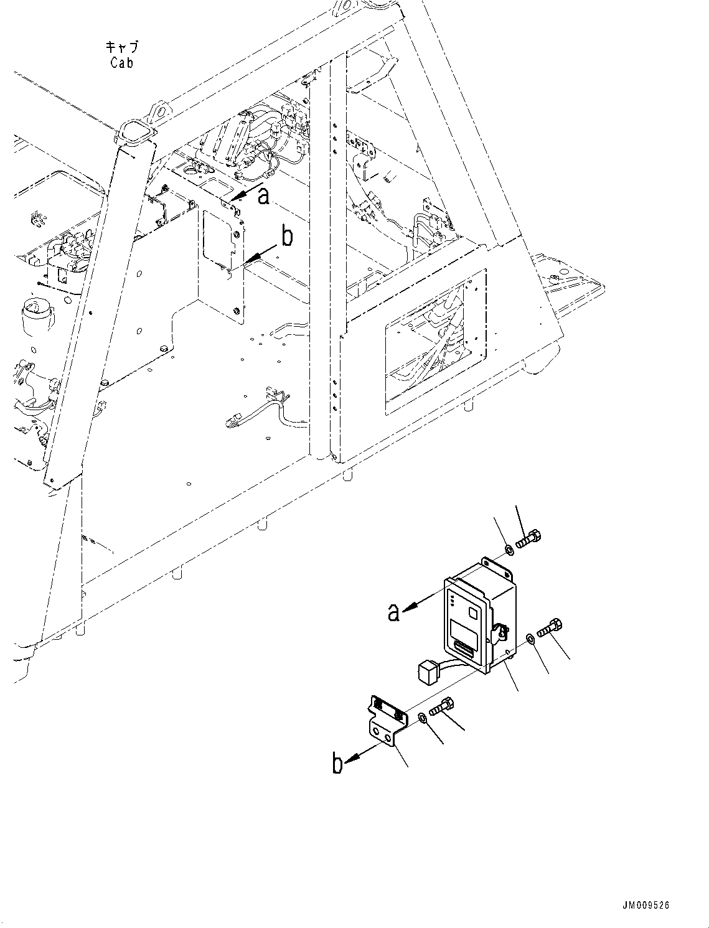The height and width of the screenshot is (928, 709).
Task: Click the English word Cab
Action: pyautogui.click(x=121, y=63)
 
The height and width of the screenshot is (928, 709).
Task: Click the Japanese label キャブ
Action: pyautogui.click(x=121, y=47)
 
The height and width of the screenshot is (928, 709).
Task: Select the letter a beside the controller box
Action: pyautogui.click(x=393, y=612)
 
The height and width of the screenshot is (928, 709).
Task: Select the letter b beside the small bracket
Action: pyautogui.click(x=337, y=764)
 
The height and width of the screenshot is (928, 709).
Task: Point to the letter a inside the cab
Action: pyautogui.click(x=265, y=197)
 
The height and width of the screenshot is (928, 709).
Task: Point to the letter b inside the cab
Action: pyautogui.click(x=287, y=237)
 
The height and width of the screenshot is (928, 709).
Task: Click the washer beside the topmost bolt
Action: pyautogui.click(x=509, y=550)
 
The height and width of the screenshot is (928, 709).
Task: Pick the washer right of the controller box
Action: pyautogui.click(x=529, y=639)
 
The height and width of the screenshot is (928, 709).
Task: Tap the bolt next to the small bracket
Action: pyautogui.click(x=441, y=708)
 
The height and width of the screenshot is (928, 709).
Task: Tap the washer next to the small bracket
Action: pyautogui.click(x=421, y=718)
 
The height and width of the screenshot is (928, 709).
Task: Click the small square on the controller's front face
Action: pyautogui.click(x=474, y=614)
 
